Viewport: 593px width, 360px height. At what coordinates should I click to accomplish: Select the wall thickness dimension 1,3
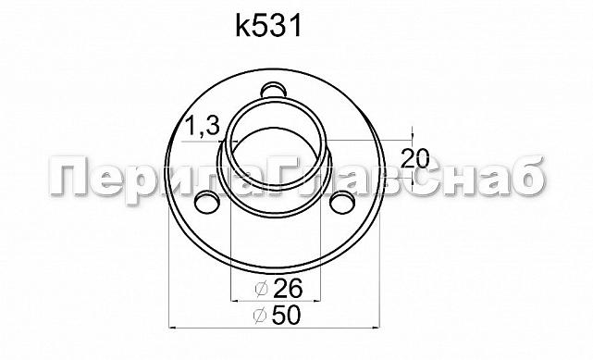tap(203, 128)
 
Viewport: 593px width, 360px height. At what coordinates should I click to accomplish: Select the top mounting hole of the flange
tap(273, 90)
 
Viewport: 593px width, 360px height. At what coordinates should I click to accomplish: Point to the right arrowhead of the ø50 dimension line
tap(376, 327)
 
